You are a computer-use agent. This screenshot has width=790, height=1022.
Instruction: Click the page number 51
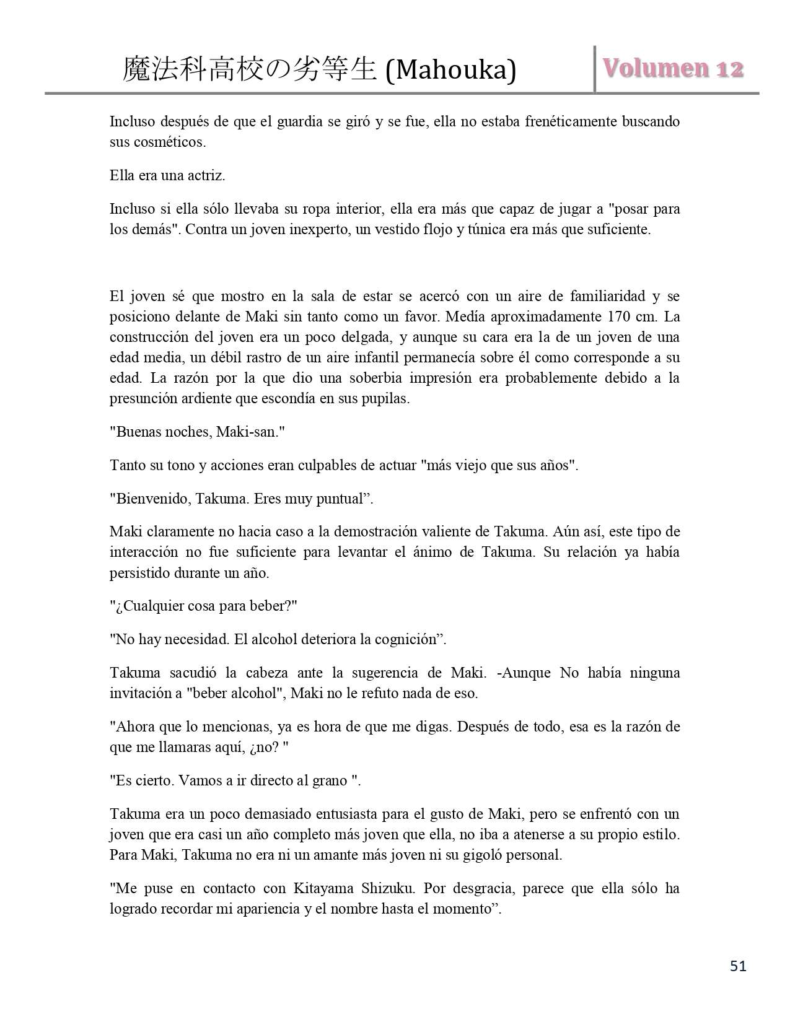point(738,966)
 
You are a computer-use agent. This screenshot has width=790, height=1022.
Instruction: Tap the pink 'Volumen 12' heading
point(674,68)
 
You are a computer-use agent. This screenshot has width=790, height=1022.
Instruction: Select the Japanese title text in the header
point(250,69)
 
